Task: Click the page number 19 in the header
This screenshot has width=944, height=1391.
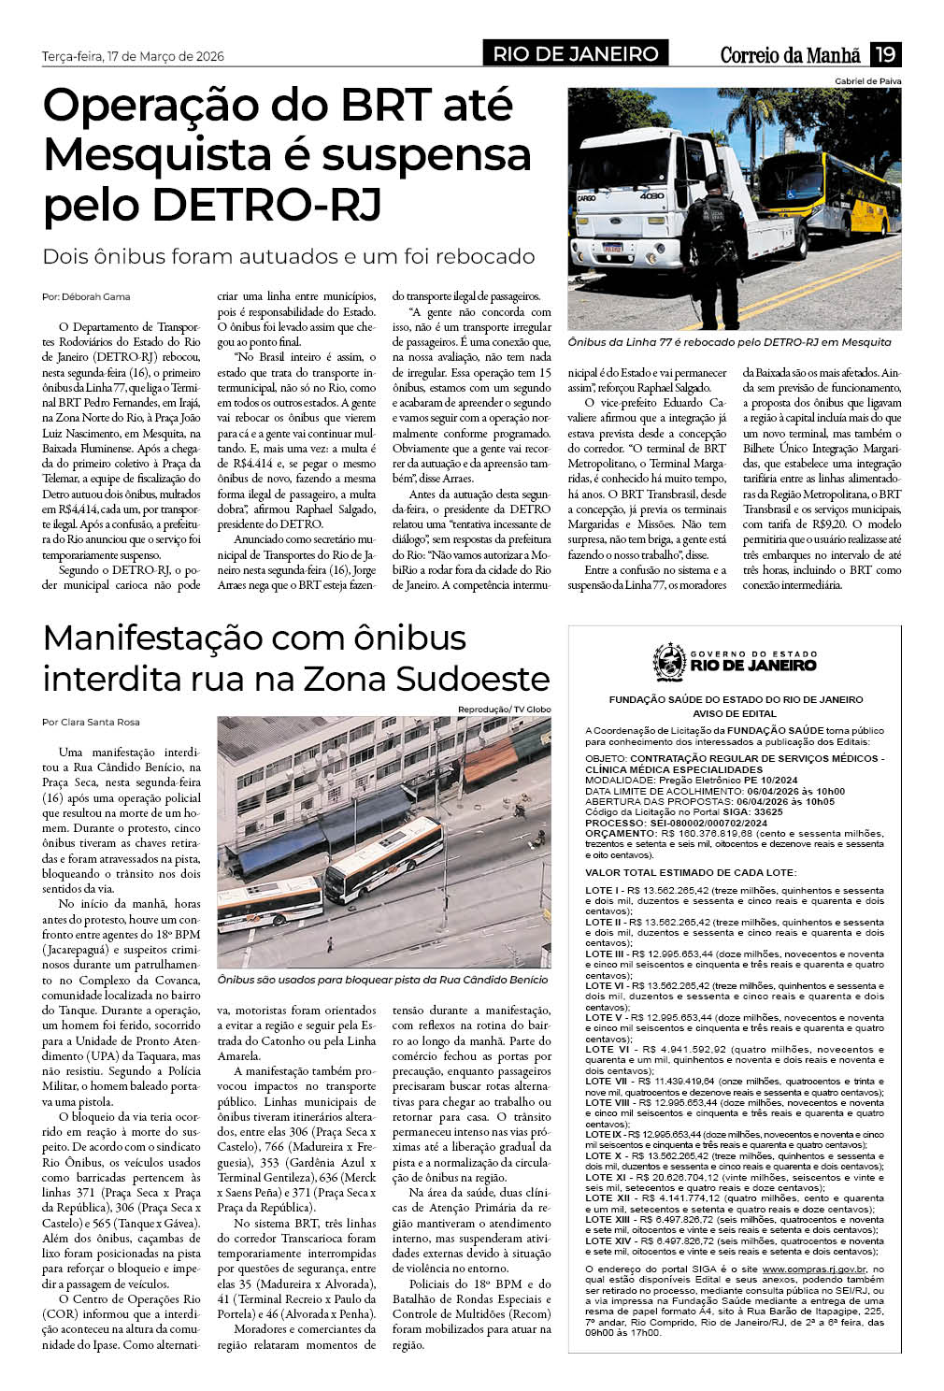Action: coord(884,54)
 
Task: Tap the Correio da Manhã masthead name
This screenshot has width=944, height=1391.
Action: coord(790,55)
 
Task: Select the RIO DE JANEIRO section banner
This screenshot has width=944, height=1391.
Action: coord(576,54)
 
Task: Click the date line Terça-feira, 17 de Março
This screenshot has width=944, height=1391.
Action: coord(133,56)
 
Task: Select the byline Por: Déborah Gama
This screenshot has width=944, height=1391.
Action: coord(86,296)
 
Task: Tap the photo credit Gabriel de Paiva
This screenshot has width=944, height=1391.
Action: coord(867,81)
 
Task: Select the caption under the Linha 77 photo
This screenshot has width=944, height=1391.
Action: coord(729,342)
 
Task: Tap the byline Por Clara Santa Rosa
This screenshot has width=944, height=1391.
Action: coord(91,722)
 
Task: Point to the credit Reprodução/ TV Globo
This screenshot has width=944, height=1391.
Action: coord(504,710)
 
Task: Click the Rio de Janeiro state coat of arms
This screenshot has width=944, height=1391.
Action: coord(668,662)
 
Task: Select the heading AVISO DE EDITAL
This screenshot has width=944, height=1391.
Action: coord(735,713)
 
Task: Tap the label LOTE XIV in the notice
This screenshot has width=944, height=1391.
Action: coord(608,1240)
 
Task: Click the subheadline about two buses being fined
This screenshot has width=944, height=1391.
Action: coord(289,256)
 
